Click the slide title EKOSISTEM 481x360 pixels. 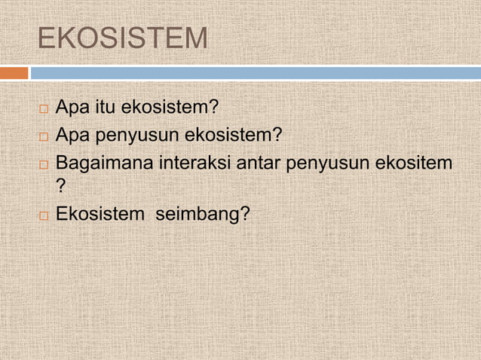coord(122,38)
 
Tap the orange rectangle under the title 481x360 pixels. coord(14,73)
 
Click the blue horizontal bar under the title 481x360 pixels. coord(255,73)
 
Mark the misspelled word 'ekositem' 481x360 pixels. coord(412,162)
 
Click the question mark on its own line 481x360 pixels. coord(62,188)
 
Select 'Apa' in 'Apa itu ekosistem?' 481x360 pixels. coord(72,109)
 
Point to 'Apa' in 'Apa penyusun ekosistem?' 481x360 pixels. coord(72,136)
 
